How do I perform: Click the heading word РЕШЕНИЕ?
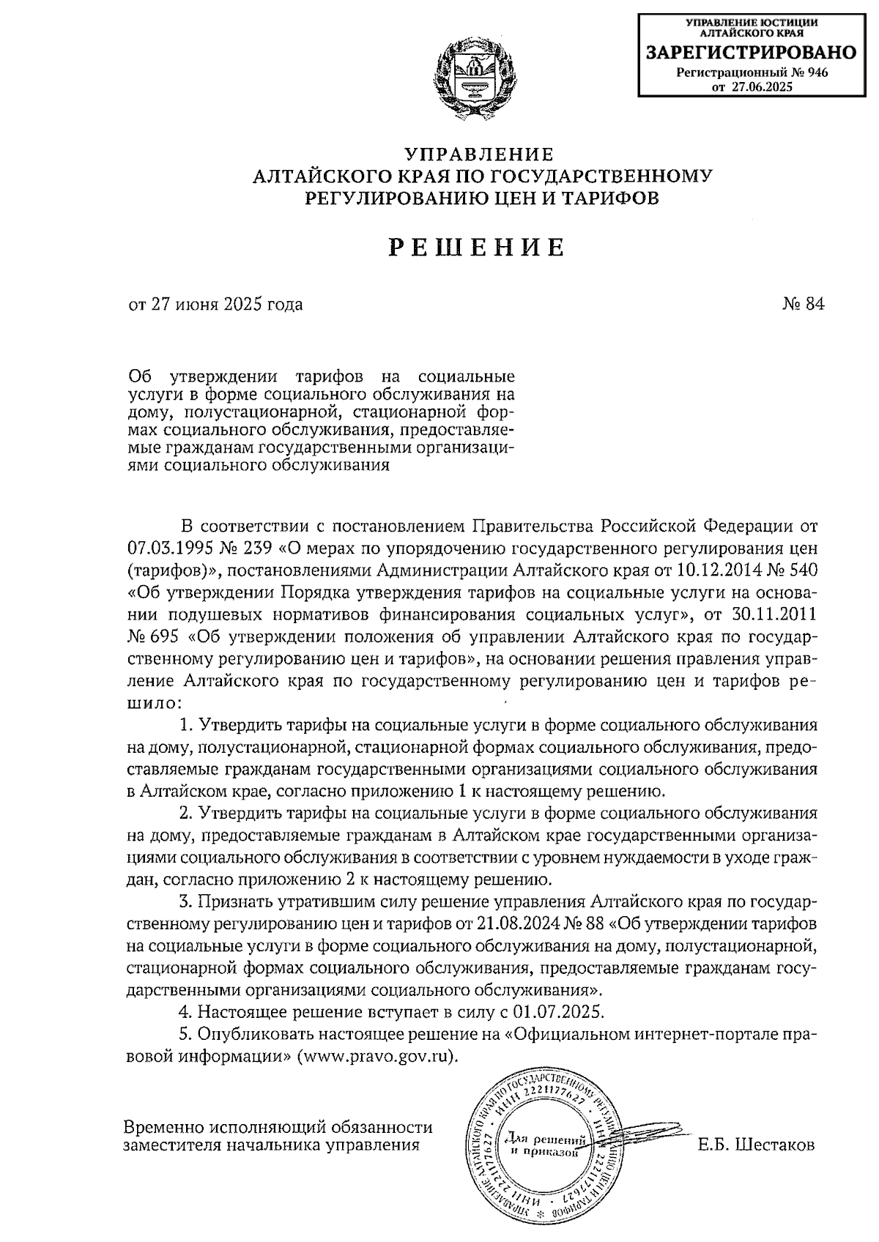click(476, 248)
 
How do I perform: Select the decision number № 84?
click(804, 304)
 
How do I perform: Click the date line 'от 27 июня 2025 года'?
click(215, 304)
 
